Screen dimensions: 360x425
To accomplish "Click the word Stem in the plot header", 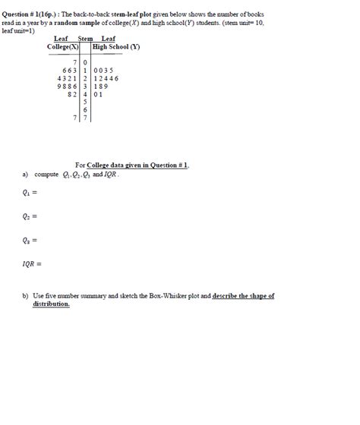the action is tap(85, 38).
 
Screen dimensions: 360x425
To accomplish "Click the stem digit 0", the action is tap(86, 61).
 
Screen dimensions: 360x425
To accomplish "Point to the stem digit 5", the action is tap(86, 102).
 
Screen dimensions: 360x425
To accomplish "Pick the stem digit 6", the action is tap(86, 110).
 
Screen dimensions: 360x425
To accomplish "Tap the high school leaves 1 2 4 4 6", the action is tap(106, 78).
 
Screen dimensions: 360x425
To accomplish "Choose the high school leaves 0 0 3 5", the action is tap(104, 70).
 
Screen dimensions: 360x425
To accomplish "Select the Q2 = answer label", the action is tap(30, 216).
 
